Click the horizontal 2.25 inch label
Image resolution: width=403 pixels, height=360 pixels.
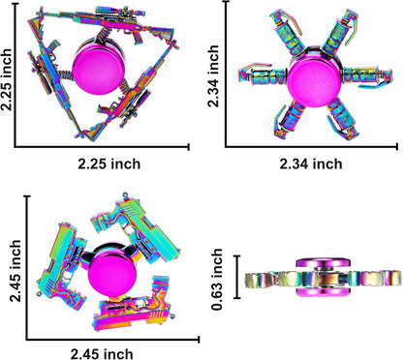click(x=109, y=164)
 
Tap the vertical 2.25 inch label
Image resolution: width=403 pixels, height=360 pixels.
click(x=7, y=79)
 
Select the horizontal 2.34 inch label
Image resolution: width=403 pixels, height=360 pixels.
click(x=311, y=164)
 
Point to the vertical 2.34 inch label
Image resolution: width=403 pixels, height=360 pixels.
click(x=213, y=76)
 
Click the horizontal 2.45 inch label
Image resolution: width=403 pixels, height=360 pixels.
click(x=102, y=354)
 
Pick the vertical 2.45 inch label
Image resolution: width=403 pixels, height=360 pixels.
click(x=15, y=271)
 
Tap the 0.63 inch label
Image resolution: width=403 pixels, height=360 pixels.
click(x=217, y=280)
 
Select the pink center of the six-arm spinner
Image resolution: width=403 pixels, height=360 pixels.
click(x=314, y=80)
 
